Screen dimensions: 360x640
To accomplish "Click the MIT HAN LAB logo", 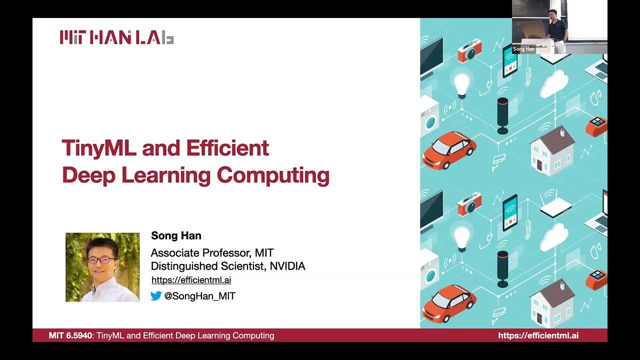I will pyautogui.click(x=116, y=37).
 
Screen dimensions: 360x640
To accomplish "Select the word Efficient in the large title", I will pyautogui.click(x=227, y=148).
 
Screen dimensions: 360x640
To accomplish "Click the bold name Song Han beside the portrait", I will pyautogui.click(x=176, y=235).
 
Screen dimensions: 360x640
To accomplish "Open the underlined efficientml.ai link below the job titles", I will pyautogui.click(x=191, y=280).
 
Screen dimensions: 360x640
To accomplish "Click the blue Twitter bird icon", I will pyautogui.click(x=156, y=296).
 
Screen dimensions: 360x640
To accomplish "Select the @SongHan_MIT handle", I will pyautogui.click(x=199, y=296).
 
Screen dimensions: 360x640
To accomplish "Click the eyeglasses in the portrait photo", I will pyautogui.click(x=101, y=260).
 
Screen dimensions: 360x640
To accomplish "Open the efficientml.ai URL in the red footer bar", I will pyautogui.click(x=538, y=335).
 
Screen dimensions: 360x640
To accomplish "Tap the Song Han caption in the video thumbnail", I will pyautogui.click(x=523, y=49).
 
